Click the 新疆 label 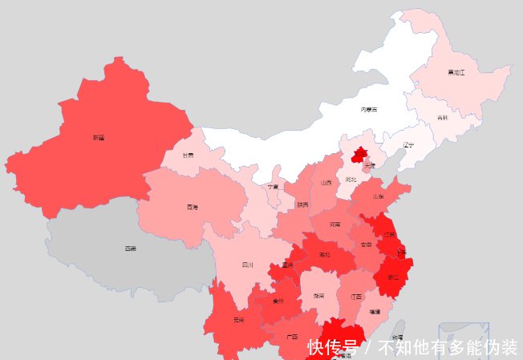(x=98, y=138)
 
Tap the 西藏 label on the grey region (x=130, y=249)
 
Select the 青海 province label (x=192, y=207)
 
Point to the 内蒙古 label (x=368, y=109)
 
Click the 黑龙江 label (x=456, y=72)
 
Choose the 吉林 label (x=443, y=118)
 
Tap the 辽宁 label (x=409, y=146)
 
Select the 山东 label (x=376, y=196)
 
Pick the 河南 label (x=334, y=224)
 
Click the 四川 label (x=248, y=265)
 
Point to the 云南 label (x=238, y=319)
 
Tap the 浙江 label (x=392, y=277)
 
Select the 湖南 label (x=318, y=296)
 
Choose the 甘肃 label (x=188, y=156)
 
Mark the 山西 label (x=326, y=183)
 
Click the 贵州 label (x=278, y=301)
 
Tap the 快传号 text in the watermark (x=333, y=347)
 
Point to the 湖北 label (x=324, y=255)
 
